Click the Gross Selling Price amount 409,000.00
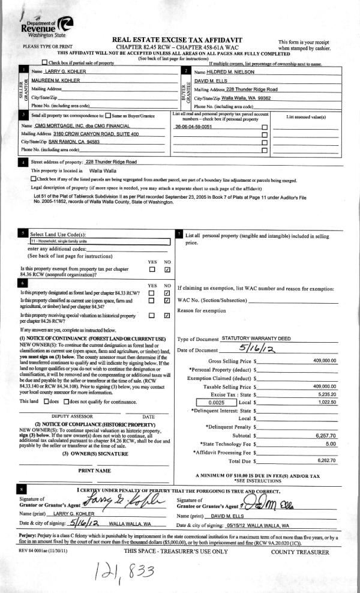pos(325,361)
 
